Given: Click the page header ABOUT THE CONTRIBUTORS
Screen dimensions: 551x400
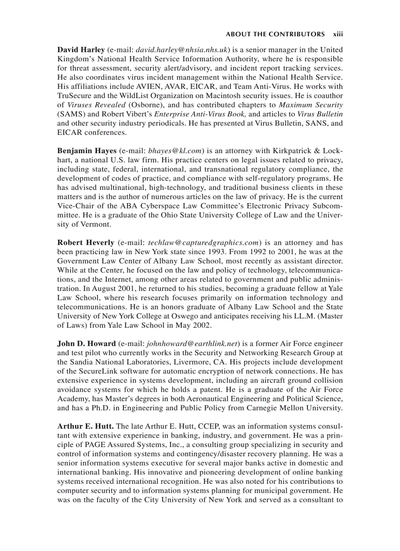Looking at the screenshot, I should click(x=275, y=34).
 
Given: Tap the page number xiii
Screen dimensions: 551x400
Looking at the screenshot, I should click(x=338, y=34).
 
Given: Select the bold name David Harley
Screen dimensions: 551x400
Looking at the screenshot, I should click(x=81, y=50).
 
